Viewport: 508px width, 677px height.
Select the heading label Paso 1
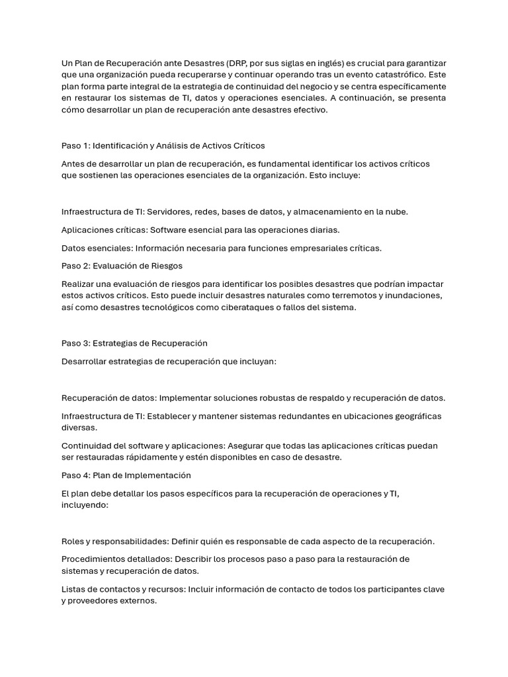pos(75,145)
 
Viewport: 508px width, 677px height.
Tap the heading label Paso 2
pos(75,266)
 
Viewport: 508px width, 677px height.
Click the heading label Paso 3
pos(75,343)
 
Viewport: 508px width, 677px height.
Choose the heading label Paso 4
pos(75,475)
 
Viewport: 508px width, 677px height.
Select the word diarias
pos(321,230)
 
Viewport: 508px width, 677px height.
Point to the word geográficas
pos(413,417)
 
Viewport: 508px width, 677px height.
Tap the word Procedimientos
pos(95,559)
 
